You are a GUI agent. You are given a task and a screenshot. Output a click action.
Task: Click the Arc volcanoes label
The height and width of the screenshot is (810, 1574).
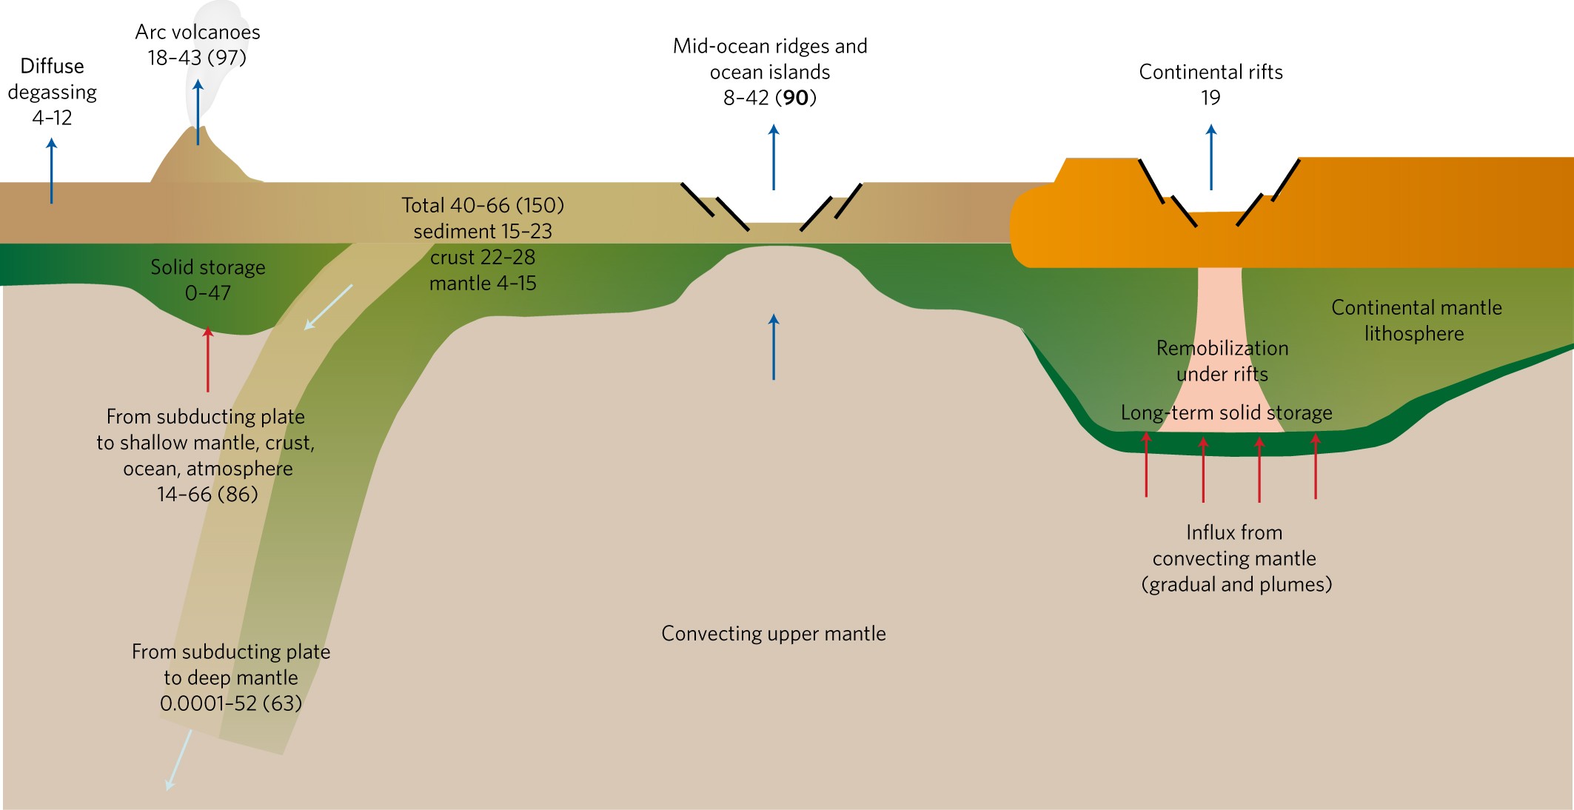tap(198, 33)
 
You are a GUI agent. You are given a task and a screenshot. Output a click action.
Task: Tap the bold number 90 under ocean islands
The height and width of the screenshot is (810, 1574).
tap(796, 98)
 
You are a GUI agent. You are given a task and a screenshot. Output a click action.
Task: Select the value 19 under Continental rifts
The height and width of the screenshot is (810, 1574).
tap(1210, 98)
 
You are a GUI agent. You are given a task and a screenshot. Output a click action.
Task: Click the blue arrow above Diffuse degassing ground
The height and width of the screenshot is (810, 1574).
tap(52, 170)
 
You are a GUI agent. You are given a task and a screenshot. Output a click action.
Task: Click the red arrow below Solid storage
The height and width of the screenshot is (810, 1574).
tap(208, 359)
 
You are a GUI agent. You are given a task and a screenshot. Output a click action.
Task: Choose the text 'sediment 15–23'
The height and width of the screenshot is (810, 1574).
tap(483, 232)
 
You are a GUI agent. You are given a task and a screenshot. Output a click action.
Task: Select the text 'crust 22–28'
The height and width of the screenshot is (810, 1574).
tap(483, 258)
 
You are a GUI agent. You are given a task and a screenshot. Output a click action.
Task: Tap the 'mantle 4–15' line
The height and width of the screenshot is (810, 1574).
tap(483, 284)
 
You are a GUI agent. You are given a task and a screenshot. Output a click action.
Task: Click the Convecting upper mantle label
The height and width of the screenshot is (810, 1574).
tap(774, 634)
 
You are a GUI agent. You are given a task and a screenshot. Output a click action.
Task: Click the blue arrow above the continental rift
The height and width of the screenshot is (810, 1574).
tap(1211, 157)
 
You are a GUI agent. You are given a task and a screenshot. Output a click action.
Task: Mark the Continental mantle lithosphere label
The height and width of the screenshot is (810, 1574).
tap(1416, 321)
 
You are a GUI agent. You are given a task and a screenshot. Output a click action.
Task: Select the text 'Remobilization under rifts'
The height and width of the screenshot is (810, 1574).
tap(1222, 361)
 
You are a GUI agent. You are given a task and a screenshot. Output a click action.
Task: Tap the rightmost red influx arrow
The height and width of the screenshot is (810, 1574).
tap(1316, 466)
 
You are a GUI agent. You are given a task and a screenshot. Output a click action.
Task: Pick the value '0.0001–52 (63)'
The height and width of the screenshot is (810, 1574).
tap(231, 703)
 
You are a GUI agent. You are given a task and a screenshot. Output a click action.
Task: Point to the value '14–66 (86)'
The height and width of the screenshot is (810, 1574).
tap(207, 495)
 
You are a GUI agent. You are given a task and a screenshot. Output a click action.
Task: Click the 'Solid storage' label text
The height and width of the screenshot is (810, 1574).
tap(208, 267)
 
